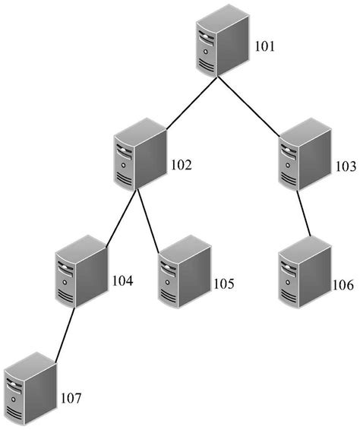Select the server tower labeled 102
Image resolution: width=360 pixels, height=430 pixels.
(141, 158)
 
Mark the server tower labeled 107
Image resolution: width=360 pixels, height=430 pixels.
(30, 388)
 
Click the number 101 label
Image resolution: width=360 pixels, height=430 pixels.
(266, 47)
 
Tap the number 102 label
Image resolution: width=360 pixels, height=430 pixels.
(182, 165)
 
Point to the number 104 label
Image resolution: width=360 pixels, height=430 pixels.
(122, 281)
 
